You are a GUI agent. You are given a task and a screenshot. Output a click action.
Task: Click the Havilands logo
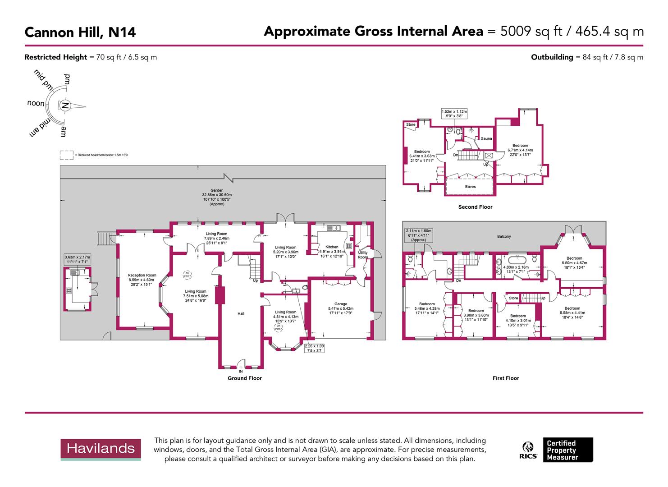(101, 449)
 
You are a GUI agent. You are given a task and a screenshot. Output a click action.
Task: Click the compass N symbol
(65, 106)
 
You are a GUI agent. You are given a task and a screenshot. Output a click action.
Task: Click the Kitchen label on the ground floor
(332, 247)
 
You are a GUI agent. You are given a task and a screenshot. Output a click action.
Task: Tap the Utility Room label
(363, 255)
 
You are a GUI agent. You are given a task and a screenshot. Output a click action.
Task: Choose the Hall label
(241, 313)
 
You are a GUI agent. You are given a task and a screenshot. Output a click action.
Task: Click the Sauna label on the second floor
(486, 138)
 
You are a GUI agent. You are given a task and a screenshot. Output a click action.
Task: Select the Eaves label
(470, 186)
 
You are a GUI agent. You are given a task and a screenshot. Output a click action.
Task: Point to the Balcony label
(504, 236)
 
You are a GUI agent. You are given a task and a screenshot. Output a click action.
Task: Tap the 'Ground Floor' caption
(244, 378)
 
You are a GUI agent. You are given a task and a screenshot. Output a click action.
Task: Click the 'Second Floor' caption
(475, 207)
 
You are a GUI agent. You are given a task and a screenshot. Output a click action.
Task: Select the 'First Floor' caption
(506, 378)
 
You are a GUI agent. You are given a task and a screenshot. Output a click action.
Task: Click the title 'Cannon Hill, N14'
(80, 32)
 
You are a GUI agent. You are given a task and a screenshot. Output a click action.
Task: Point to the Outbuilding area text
(587, 57)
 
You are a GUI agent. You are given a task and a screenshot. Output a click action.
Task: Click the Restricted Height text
(91, 57)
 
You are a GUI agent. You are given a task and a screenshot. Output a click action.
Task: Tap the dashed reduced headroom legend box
(66, 155)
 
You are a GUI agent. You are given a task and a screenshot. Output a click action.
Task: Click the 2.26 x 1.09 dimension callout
(314, 348)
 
